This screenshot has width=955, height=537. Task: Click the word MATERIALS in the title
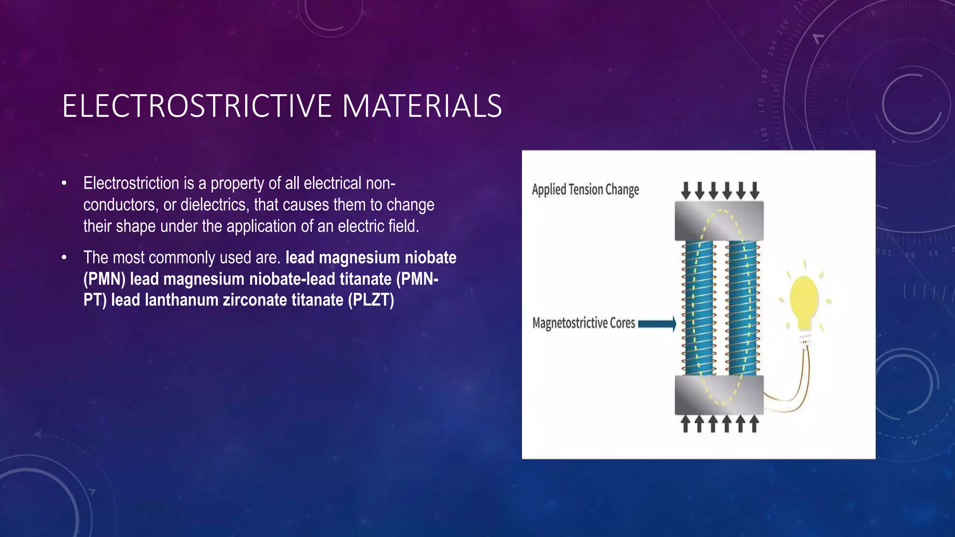pyautogui.click(x=422, y=106)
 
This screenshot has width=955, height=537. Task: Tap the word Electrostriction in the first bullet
pyautogui.click(x=131, y=183)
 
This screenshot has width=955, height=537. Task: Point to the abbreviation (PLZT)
pyautogui.click(x=371, y=300)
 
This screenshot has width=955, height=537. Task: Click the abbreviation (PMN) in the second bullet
pyautogui.click(x=104, y=279)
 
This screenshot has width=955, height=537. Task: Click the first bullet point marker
pyautogui.click(x=64, y=184)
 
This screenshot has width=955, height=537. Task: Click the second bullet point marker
pyautogui.click(x=64, y=258)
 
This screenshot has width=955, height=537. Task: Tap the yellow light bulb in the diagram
pyautogui.click(x=804, y=301)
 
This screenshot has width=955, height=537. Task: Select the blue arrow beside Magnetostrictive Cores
pyautogui.click(x=657, y=324)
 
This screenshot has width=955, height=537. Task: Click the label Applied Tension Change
pyautogui.click(x=585, y=190)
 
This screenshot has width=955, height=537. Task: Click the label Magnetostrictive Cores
pyautogui.click(x=583, y=323)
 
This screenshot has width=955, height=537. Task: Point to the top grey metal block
pyautogui.click(x=719, y=221)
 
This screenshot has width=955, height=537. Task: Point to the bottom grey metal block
pyautogui.click(x=719, y=395)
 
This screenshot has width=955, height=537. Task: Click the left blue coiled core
pyautogui.click(x=698, y=308)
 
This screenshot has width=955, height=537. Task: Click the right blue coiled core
pyautogui.click(x=742, y=308)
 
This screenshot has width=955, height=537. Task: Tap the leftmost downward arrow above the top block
pyautogui.click(x=685, y=190)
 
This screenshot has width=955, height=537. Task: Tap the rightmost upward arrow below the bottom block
pyautogui.click(x=754, y=424)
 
